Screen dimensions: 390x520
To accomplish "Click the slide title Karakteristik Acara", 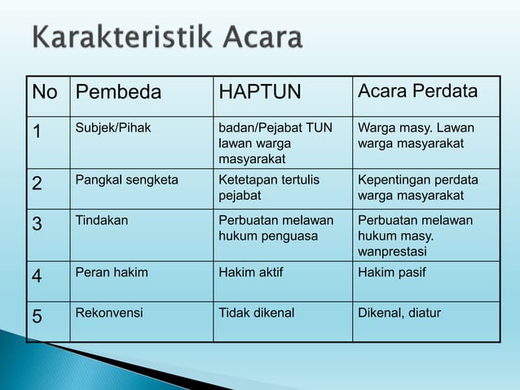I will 167,38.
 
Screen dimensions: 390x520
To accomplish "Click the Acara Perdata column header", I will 418,92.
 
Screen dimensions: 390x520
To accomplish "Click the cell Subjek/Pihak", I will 113,128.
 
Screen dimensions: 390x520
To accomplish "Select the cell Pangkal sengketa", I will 127,179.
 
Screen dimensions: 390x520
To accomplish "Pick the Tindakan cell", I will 101,220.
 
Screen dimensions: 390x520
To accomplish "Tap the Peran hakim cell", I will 112,273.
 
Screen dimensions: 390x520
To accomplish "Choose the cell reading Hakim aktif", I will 251,273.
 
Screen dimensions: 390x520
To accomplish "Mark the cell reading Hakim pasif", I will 391,273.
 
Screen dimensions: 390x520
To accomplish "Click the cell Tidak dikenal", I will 257,312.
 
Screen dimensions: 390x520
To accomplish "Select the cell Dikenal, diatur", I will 399,312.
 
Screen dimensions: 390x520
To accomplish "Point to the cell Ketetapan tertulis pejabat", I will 269,187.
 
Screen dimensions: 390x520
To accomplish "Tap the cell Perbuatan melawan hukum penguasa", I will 275,228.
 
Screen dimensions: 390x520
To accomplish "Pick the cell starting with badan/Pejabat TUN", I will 275,142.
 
